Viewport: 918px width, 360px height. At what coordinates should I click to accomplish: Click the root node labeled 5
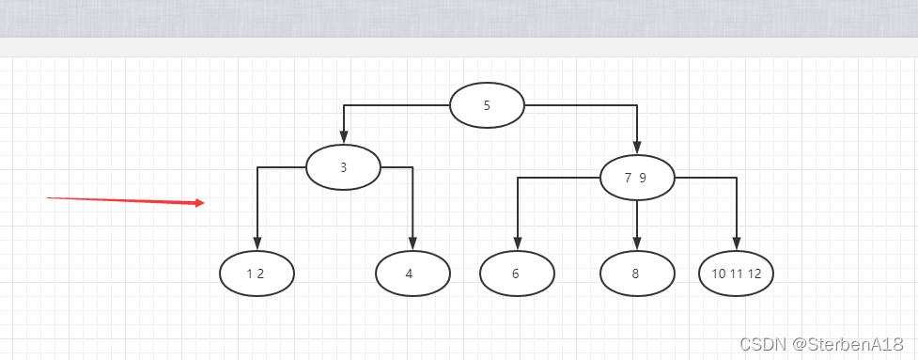(x=487, y=105)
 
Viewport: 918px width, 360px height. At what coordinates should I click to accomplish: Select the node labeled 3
(x=344, y=167)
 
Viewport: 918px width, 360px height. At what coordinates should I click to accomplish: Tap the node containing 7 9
(x=638, y=178)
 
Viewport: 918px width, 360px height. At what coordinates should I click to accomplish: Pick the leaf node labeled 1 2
(x=257, y=274)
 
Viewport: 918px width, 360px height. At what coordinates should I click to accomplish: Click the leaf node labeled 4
(x=412, y=274)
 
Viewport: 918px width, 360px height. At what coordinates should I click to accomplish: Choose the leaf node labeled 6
(x=517, y=274)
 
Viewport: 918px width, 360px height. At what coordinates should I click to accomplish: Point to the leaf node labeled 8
(x=638, y=274)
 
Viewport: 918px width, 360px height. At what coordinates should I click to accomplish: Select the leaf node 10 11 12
(x=737, y=274)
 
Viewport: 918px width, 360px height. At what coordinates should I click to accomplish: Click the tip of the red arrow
(x=204, y=203)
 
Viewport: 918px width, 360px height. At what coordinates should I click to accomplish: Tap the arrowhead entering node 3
(x=344, y=138)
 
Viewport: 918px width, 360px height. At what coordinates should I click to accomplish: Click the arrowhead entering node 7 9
(x=638, y=149)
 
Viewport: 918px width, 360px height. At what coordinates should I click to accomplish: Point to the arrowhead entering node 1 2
(x=257, y=244)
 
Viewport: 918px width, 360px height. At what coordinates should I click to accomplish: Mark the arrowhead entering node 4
(x=412, y=244)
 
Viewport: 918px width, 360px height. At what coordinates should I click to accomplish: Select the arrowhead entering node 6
(x=518, y=244)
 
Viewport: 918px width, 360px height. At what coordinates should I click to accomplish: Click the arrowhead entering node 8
(x=638, y=244)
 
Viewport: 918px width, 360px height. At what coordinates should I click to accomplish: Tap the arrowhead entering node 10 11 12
(x=737, y=244)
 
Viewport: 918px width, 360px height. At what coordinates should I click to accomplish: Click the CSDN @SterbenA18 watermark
(x=821, y=344)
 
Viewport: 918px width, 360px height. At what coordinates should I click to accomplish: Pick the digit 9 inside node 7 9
(x=643, y=179)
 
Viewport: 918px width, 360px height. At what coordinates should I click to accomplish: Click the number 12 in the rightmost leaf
(x=755, y=274)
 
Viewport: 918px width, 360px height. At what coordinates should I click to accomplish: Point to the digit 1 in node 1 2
(x=250, y=274)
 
